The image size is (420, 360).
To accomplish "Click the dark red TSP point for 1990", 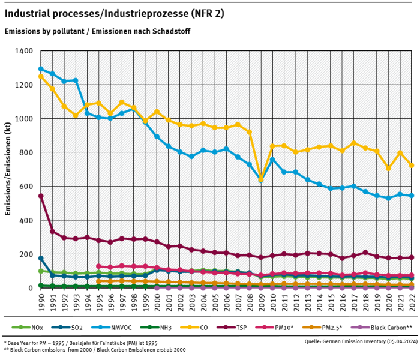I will click(41, 196).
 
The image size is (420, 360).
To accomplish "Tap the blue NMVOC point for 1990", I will click(41, 69).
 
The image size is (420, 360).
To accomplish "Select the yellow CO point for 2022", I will click(412, 166).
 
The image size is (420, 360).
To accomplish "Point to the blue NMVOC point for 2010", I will click(272, 160).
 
